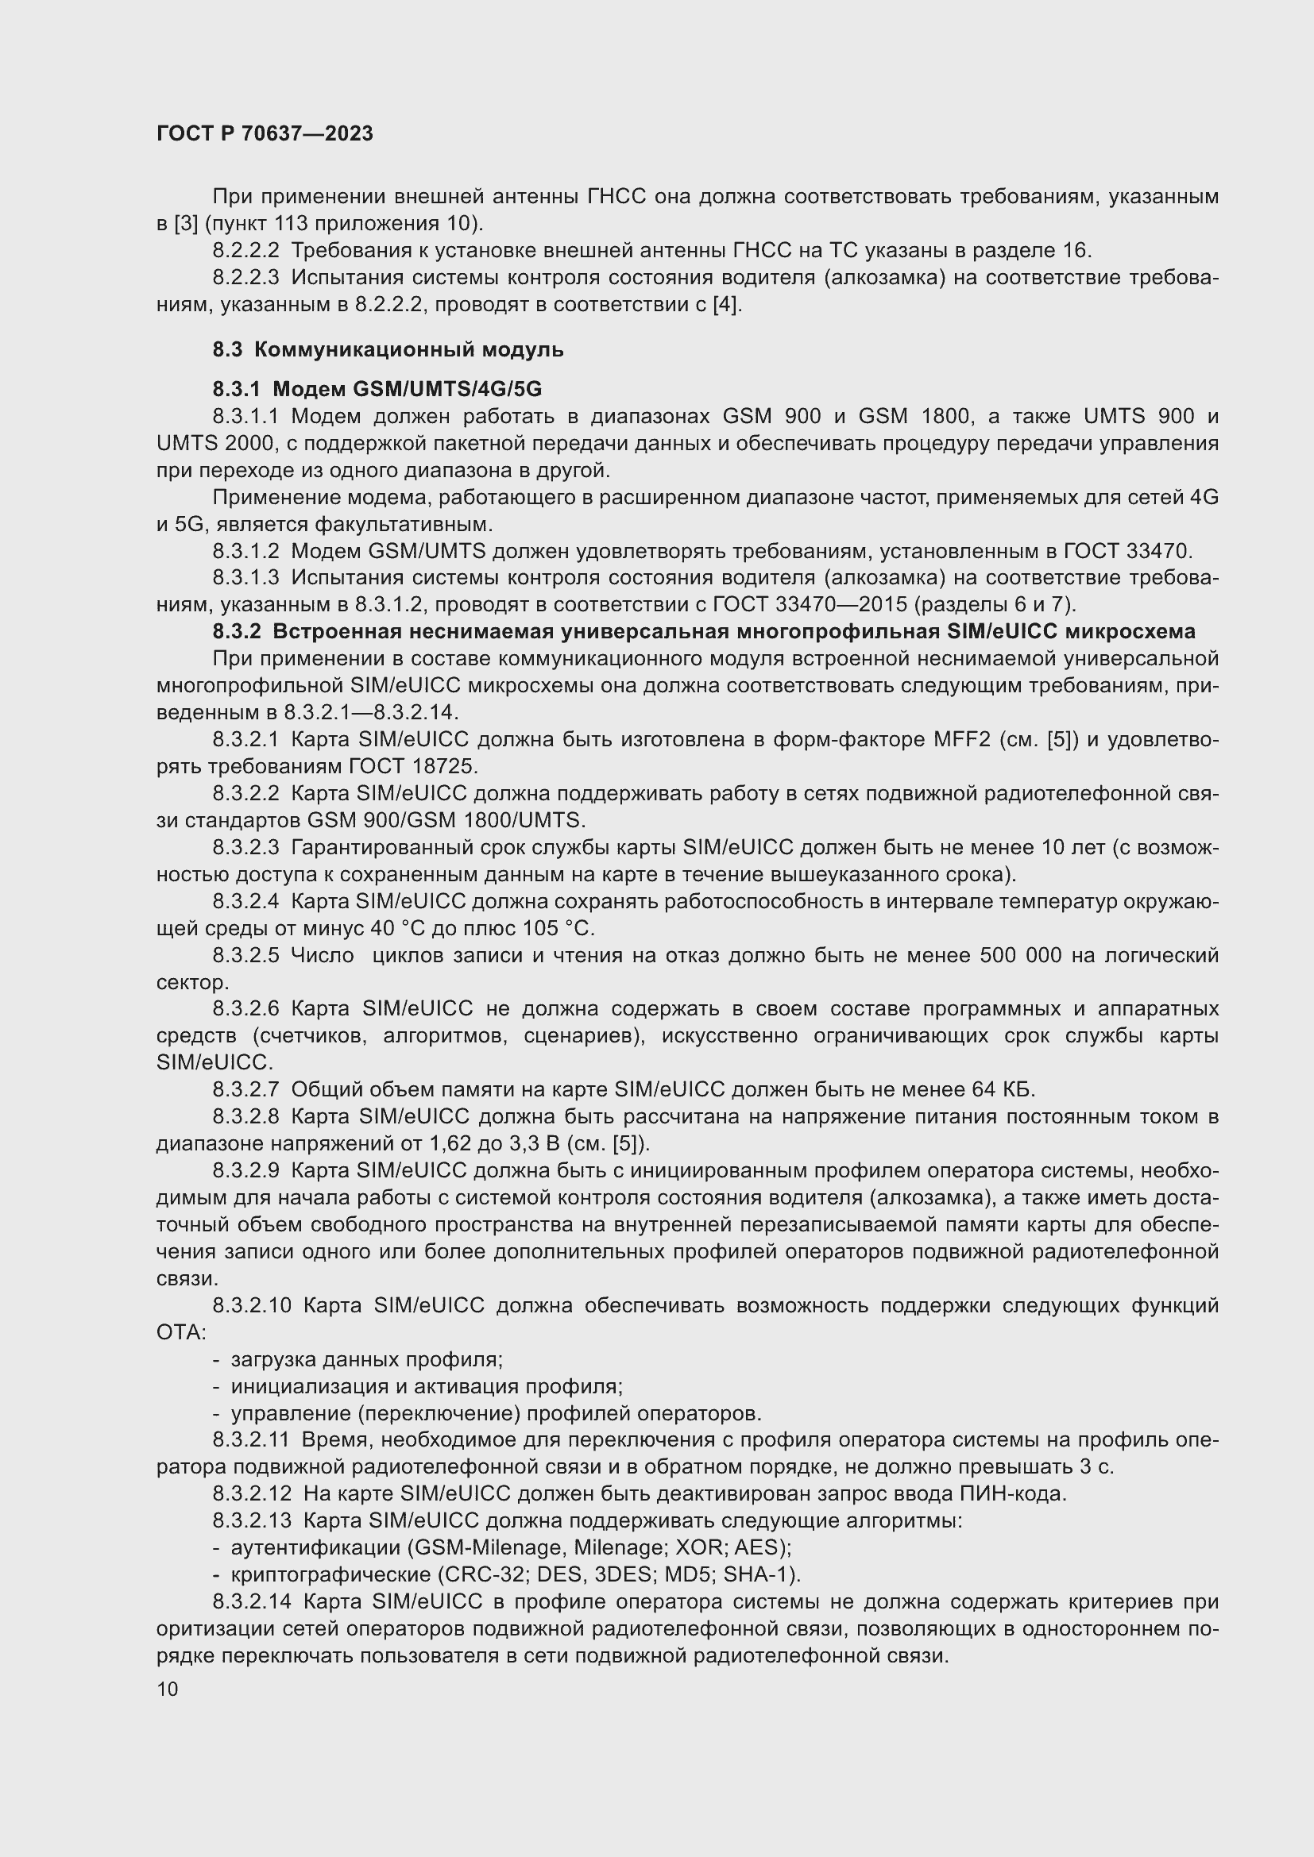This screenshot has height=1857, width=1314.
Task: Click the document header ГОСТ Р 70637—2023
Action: click(265, 133)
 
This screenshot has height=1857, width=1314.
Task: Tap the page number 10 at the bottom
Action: click(168, 1689)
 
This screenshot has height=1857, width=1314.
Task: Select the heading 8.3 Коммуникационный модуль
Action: click(388, 349)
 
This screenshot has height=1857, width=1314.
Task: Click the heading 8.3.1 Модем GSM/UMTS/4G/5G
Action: click(377, 389)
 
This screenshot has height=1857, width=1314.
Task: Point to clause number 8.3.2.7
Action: click(246, 1089)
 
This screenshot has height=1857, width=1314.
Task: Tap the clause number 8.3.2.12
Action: click(252, 1494)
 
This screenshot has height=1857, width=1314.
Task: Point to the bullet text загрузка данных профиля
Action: click(366, 1359)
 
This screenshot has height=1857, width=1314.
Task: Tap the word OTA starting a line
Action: click(180, 1331)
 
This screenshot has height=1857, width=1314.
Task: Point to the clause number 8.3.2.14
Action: click(252, 1601)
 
